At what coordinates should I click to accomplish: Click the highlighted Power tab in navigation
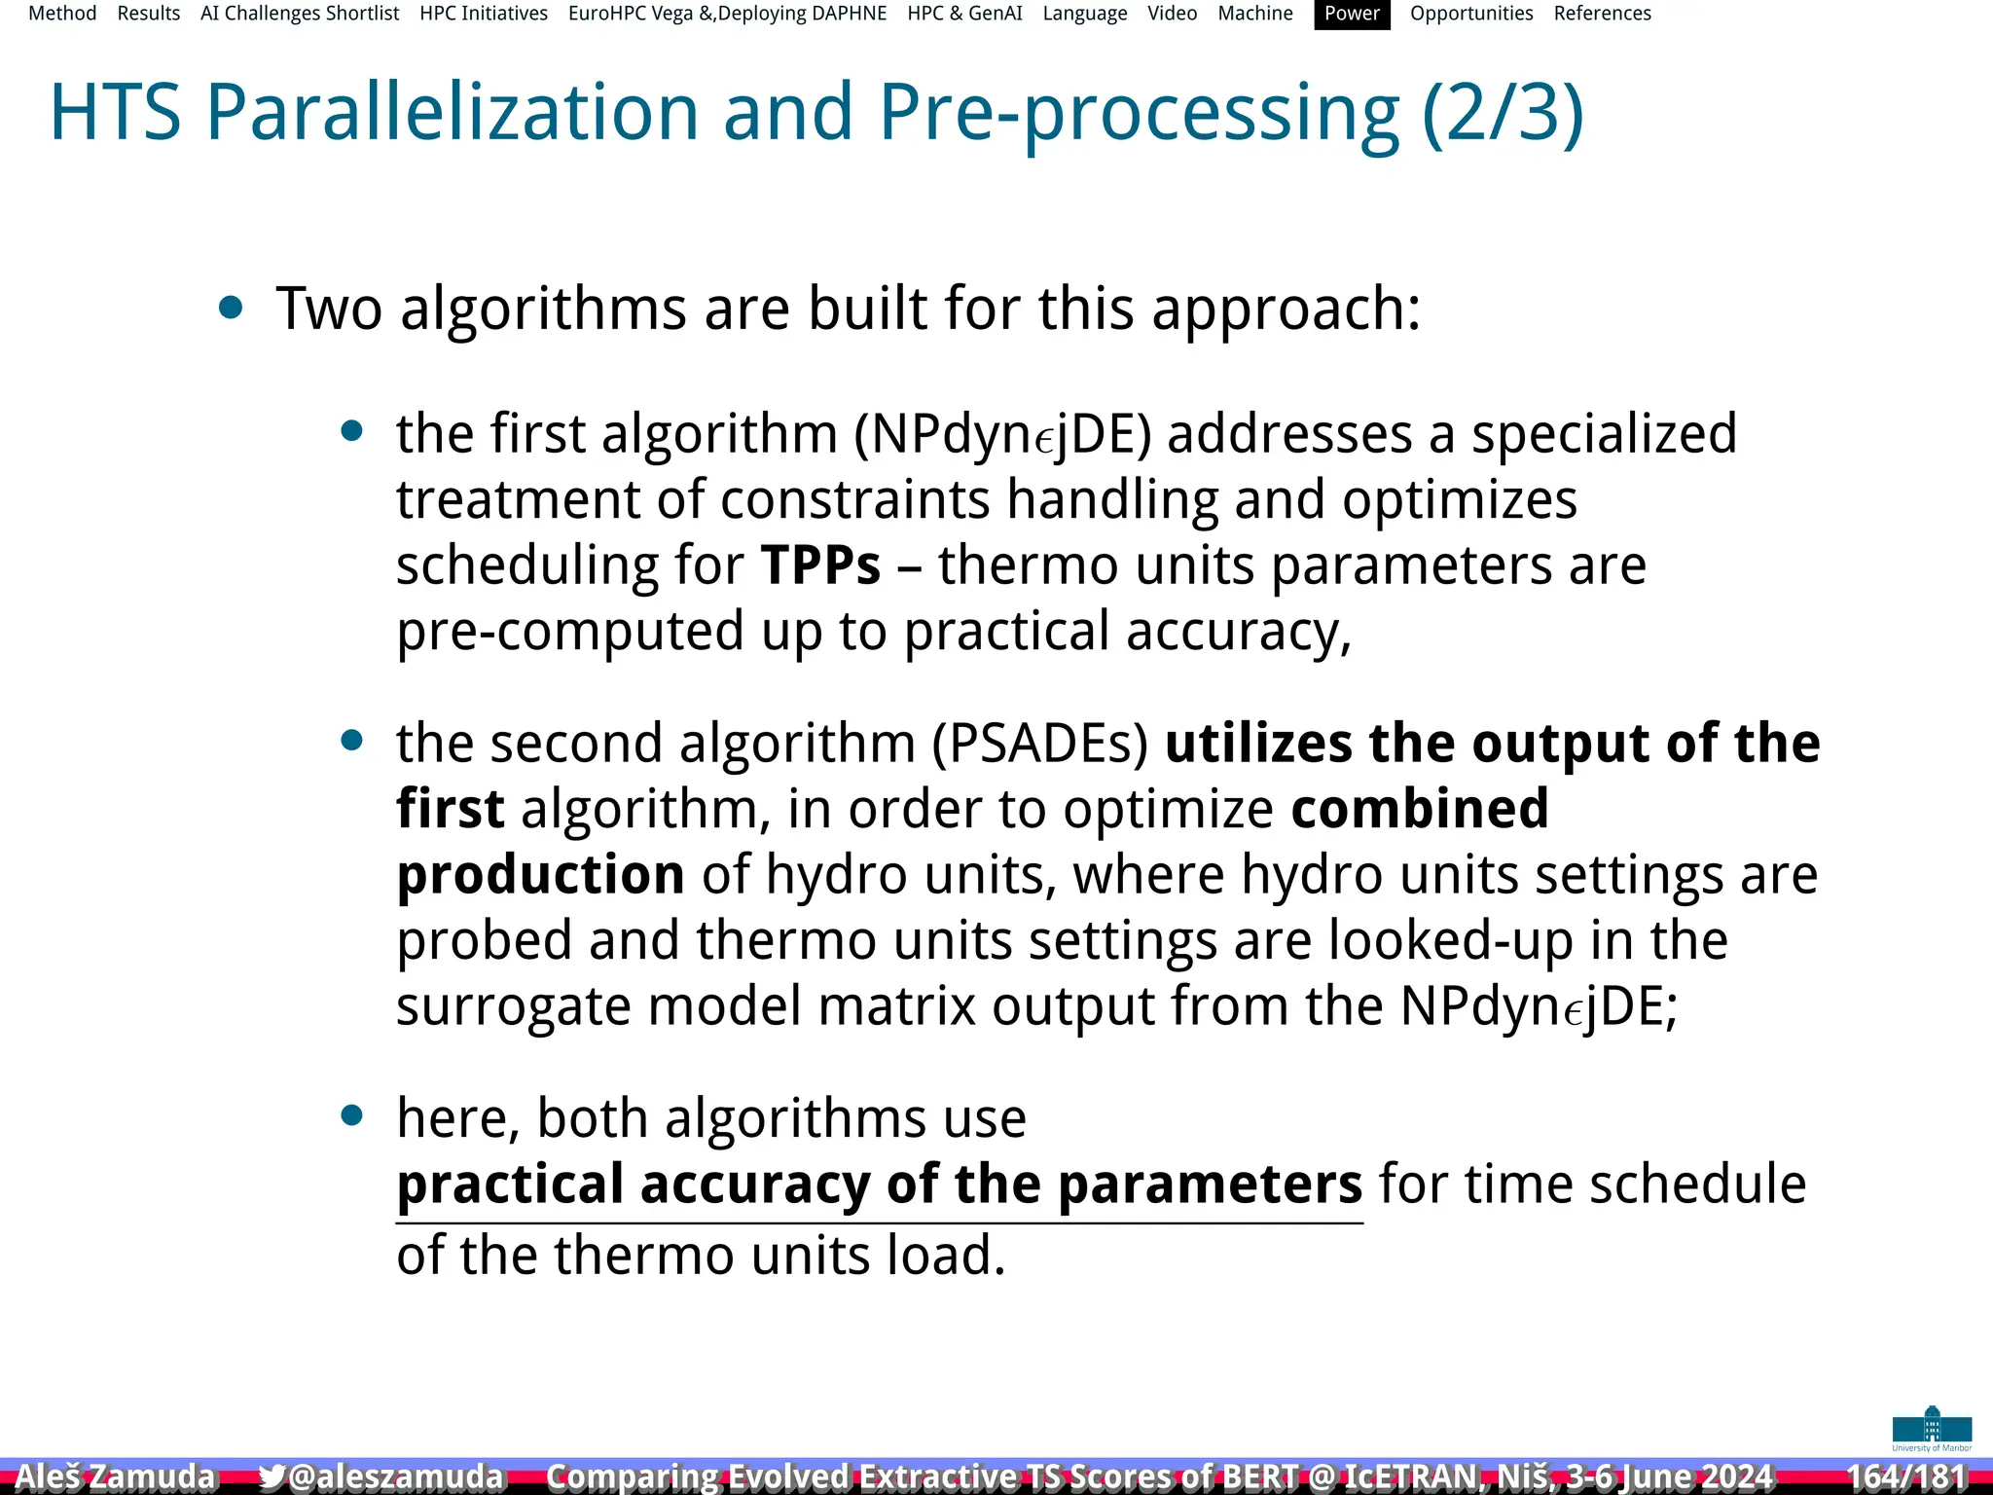[1352, 14]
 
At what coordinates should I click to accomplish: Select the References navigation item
[1602, 14]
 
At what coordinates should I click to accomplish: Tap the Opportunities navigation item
[1470, 14]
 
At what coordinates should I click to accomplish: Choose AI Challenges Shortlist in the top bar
[300, 14]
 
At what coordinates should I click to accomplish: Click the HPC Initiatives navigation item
[484, 14]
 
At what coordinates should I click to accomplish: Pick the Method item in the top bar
[62, 14]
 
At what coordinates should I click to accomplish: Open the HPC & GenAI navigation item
[964, 14]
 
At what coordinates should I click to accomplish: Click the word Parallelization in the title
[453, 112]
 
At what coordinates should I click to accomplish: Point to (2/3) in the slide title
[1503, 114]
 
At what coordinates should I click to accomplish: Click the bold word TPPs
[820, 565]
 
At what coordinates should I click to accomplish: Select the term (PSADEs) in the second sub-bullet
[1040, 744]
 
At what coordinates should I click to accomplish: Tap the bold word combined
[1419, 809]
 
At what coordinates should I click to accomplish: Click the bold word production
[540, 874]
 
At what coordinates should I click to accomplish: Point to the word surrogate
[513, 1006]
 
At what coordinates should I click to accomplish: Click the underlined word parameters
[1210, 1185]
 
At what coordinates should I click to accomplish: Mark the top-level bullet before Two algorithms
[231, 309]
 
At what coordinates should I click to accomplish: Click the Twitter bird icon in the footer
[272, 1477]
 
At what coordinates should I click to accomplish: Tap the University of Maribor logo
[1932, 1429]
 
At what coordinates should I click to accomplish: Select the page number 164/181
[1906, 1477]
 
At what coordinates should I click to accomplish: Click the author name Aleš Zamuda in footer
[115, 1477]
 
